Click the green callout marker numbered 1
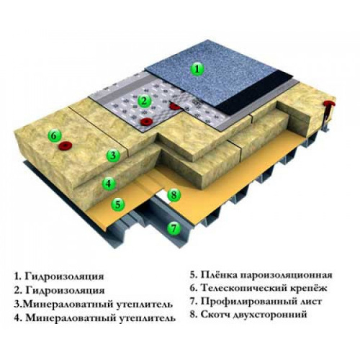[197, 69]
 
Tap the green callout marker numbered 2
[144, 102]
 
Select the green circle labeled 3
[113, 156]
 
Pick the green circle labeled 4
[109, 184]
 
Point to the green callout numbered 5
[118, 204]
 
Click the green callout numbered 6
[54, 136]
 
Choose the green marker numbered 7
[174, 228]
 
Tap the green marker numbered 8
[174, 194]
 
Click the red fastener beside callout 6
[66, 145]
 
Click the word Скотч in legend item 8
[215, 314]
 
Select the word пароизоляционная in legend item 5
[287, 275]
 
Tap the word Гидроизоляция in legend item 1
[64, 276]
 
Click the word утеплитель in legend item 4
[147, 318]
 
